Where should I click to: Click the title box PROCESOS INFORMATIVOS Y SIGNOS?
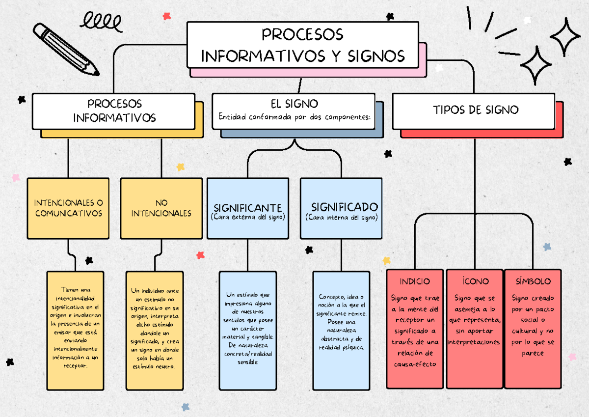tap(302, 45)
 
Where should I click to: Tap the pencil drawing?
tap(65, 49)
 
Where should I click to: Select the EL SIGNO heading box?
tap(294, 111)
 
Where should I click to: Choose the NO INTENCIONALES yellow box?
tap(161, 208)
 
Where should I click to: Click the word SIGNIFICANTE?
tap(247, 207)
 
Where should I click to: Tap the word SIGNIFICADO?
tap(344, 206)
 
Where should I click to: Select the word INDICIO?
tap(415, 281)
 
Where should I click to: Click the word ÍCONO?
tap(475, 281)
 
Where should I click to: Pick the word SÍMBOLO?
tap(533, 281)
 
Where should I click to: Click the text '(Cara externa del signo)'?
tap(247, 217)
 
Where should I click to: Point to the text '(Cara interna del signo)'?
tap(341, 217)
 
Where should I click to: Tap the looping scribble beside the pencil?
tap(101, 22)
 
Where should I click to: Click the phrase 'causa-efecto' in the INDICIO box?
tap(415, 364)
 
